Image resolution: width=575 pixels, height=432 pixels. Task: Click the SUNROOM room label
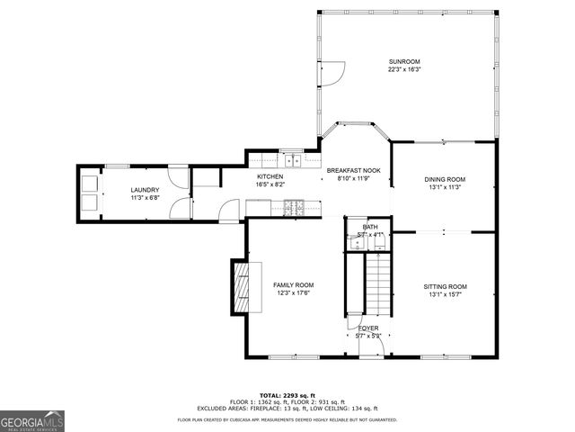coord(404,61)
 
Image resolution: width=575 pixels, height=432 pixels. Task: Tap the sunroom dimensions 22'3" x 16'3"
coord(404,69)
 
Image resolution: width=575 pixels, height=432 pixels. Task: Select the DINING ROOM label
coord(445,179)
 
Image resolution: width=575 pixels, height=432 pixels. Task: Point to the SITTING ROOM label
coord(445,286)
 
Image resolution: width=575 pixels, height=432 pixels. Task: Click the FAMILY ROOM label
coord(294,284)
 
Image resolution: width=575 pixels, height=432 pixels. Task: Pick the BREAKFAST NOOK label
coord(353,170)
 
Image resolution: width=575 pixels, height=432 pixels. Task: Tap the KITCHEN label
coord(270,176)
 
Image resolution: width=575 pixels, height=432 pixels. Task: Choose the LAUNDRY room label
coord(145,190)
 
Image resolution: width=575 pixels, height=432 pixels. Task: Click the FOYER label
coord(368,328)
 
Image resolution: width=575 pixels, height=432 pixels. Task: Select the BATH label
coord(370,227)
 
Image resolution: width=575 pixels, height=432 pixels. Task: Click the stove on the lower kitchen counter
coord(294,209)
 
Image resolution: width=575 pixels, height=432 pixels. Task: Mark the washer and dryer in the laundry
coord(91,192)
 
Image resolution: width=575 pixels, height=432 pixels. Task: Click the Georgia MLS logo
coord(32,421)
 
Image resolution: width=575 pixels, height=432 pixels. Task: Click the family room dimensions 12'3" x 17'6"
coord(294,292)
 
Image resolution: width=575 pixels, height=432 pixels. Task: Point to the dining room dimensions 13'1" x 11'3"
coord(445,187)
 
